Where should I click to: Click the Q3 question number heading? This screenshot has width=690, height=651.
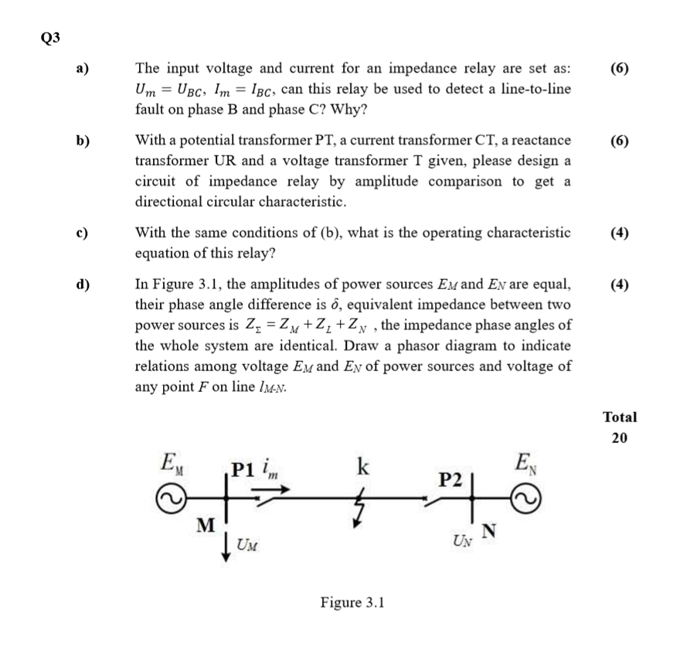tap(49, 36)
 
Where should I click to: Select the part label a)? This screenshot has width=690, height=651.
tap(81, 68)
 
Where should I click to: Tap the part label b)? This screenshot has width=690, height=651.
tap(82, 141)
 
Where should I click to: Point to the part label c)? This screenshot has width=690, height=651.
tap(81, 233)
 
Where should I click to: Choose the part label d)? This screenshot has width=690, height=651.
tap(82, 284)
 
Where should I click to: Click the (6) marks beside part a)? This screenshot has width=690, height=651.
tap(619, 68)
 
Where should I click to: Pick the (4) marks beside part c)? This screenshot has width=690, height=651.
tap(619, 233)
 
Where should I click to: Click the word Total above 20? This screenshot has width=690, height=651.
tap(620, 417)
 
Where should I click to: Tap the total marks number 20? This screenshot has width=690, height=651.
tap(620, 438)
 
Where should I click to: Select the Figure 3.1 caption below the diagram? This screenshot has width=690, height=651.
tap(352, 602)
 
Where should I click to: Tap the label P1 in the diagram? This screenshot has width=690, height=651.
tap(244, 471)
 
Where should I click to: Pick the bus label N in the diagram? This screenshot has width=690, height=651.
tap(490, 530)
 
